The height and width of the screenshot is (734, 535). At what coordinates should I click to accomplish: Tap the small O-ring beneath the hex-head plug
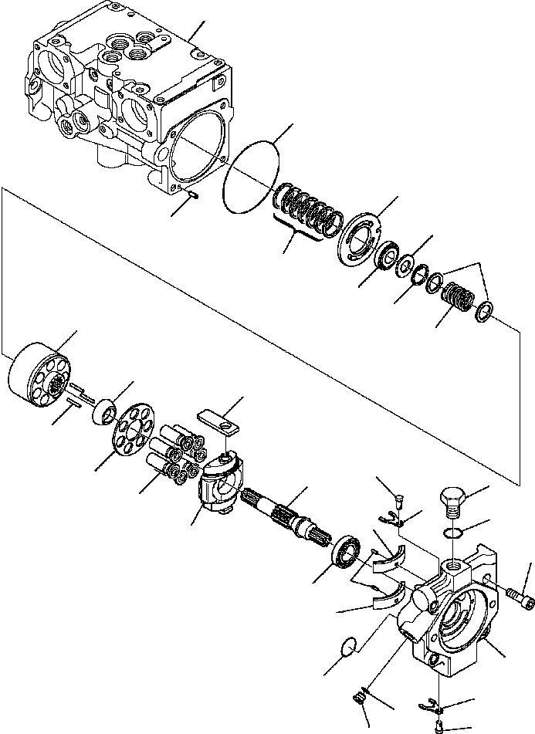click(x=454, y=533)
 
